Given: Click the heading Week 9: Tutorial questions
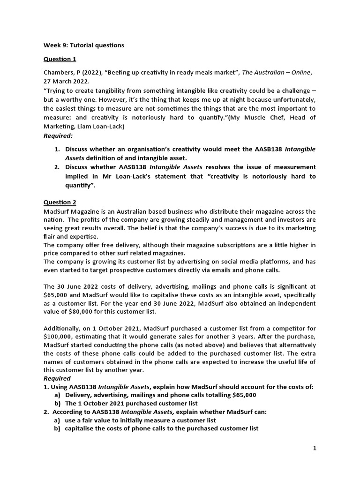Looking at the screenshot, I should tap(84, 45).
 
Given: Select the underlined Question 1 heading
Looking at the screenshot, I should tap(60, 59).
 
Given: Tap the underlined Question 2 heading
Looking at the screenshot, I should tap(60, 202).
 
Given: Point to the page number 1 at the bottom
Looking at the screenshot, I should tap(315, 448).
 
